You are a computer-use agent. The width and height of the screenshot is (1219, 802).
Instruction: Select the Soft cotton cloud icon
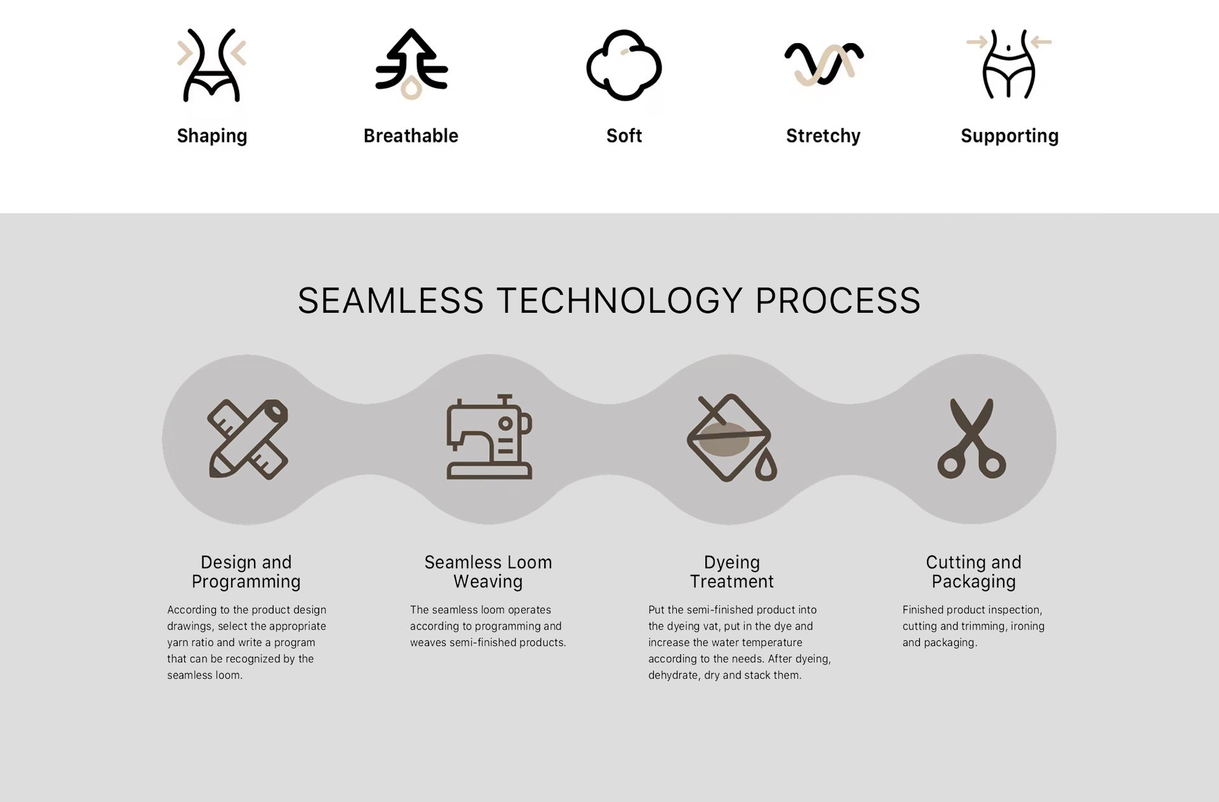click(x=624, y=65)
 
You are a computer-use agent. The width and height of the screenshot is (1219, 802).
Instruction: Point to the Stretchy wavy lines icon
click(x=823, y=63)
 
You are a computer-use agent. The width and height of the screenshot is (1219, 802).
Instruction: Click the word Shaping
click(x=212, y=136)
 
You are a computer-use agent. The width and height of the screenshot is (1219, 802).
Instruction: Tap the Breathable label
click(x=411, y=136)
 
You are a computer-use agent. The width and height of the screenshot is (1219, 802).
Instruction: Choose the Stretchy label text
click(x=823, y=136)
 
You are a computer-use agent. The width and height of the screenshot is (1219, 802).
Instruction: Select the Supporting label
click(x=1009, y=136)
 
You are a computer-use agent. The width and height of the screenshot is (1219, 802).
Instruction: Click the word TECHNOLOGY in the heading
click(x=619, y=301)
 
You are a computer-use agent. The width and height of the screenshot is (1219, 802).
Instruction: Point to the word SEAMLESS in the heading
click(x=390, y=301)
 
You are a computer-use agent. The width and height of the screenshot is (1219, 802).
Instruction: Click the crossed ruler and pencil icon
click(x=248, y=439)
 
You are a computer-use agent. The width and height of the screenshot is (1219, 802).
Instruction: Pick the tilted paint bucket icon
click(x=729, y=438)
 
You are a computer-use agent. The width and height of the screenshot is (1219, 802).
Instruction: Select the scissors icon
click(x=971, y=438)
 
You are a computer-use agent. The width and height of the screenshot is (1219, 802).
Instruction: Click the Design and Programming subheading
click(x=246, y=572)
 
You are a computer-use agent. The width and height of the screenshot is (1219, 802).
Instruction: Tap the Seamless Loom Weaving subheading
click(x=488, y=572)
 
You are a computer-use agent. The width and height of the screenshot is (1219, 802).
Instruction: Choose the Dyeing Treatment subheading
click(x=732, y=572)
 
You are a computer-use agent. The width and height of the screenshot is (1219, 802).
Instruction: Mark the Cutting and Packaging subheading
click(x=974, y=572)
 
